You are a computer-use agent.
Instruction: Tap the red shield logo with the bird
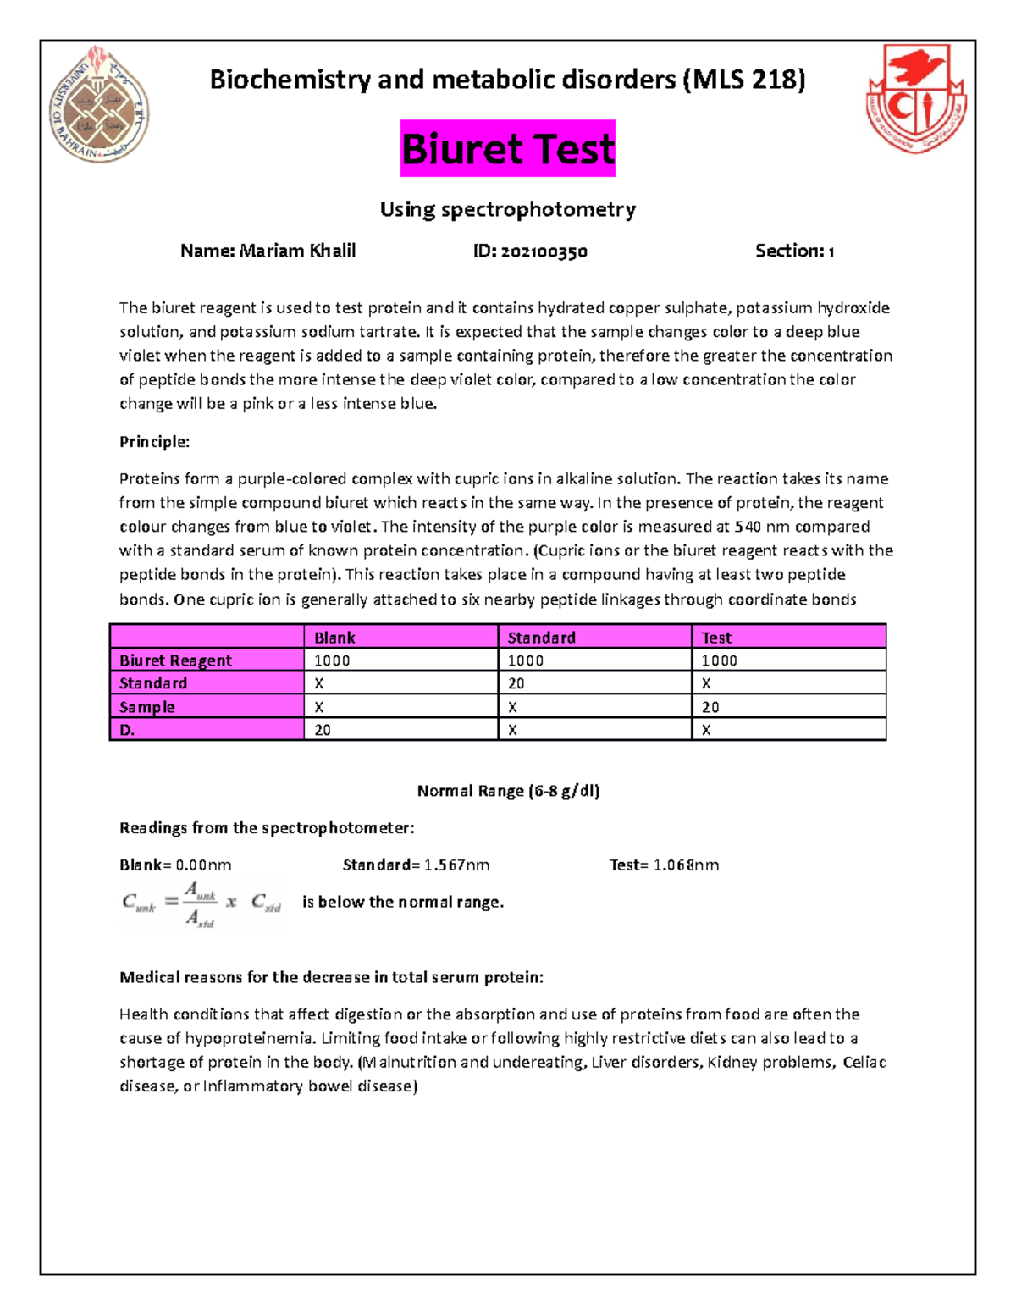point(915,99)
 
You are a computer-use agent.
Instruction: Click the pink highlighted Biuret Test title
point(507,149)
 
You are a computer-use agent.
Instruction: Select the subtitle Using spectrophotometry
point(507,209)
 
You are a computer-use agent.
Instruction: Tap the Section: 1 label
point(794,251)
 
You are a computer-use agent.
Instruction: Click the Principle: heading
point(154,441)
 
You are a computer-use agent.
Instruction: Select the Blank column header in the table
point(334,638)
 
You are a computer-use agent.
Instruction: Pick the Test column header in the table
point(716,638)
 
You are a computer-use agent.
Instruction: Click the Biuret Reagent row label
point(175,660)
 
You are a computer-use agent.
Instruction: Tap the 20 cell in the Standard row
point(516,683)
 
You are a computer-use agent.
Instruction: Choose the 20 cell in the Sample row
point(710,707)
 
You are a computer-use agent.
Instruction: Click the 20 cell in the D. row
point(323,730)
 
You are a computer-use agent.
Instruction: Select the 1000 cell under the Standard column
point(525,660)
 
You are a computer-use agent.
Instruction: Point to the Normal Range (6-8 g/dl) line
point(508,791)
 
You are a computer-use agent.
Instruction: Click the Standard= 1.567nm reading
point(416,865)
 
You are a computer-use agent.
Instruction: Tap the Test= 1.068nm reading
point(664,865)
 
